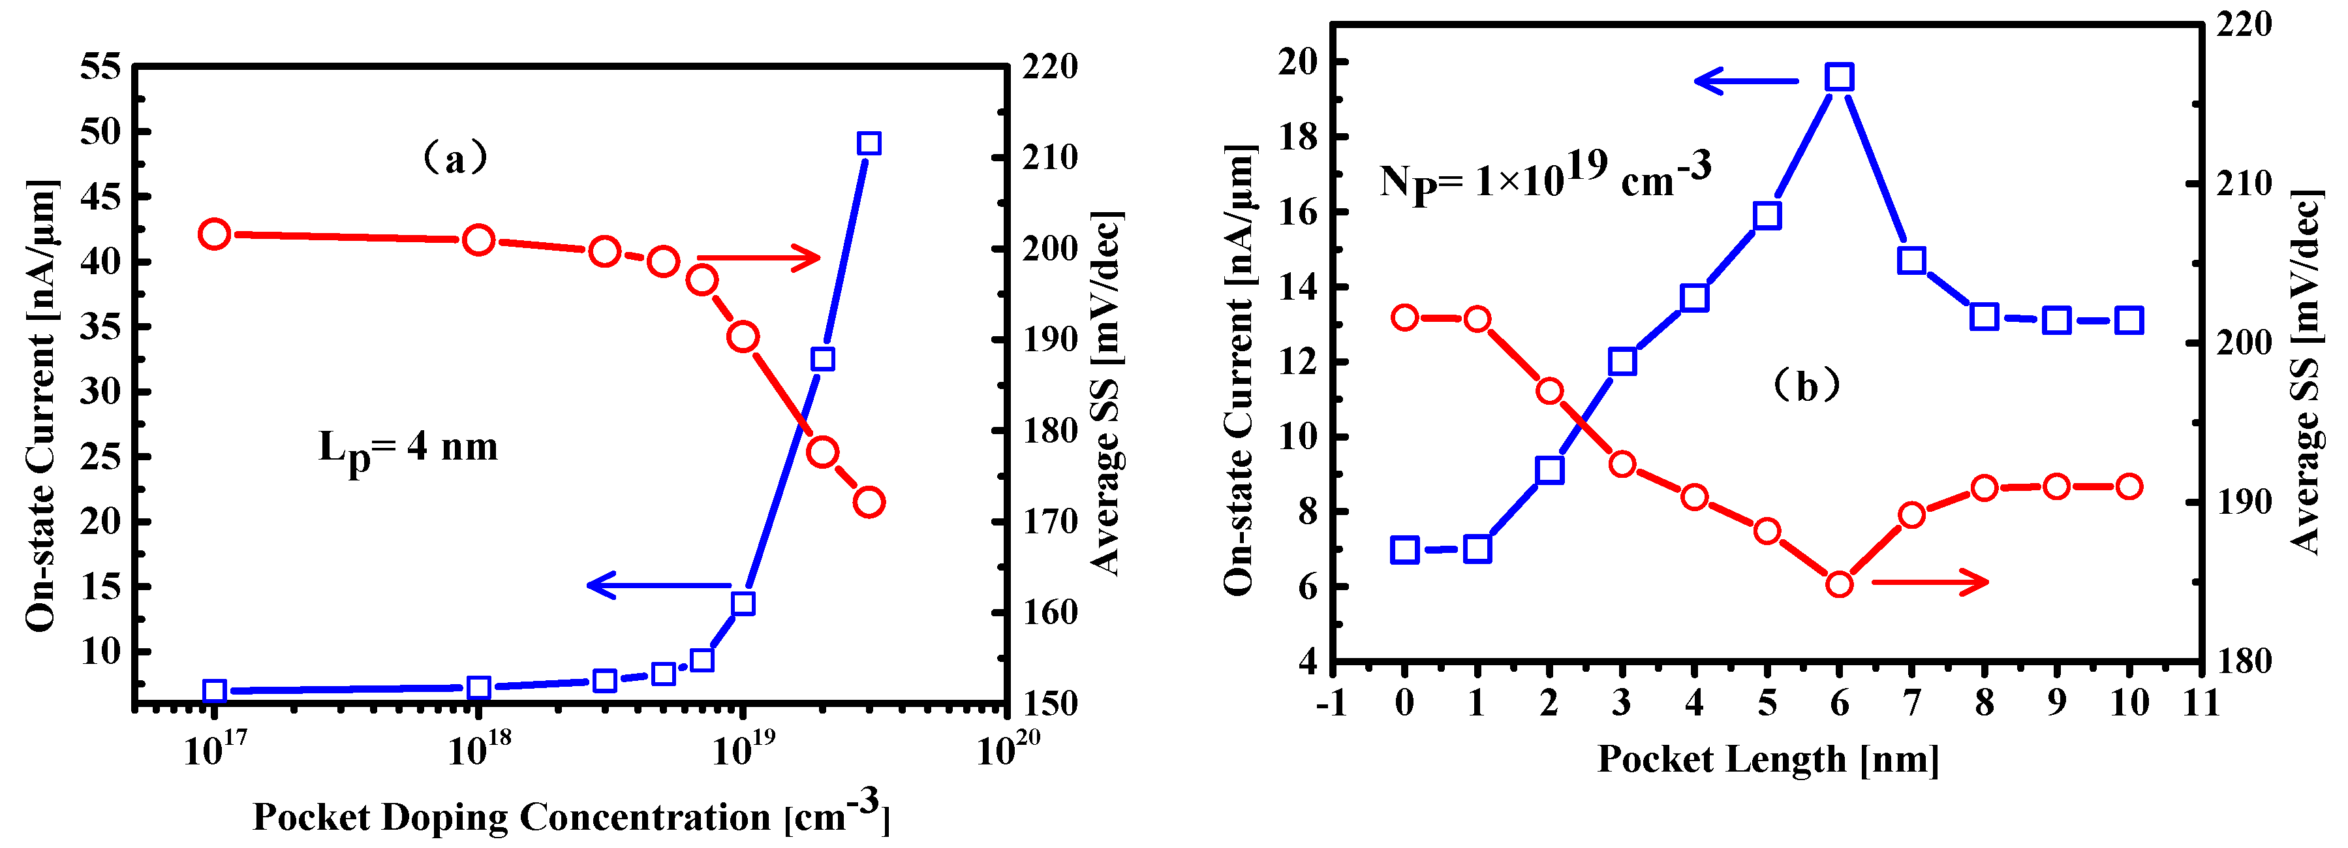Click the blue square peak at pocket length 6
point(1840,78)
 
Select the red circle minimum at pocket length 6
point(1840,584)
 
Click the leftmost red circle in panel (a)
point(214,234)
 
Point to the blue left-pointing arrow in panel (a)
point(658,586)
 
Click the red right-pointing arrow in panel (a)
point(758,258)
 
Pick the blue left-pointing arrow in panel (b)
point(1746,81)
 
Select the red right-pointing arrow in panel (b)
point(1930,582)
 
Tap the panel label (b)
point(1806,386)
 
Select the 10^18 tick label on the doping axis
point(478,749)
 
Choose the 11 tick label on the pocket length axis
point(2201,703)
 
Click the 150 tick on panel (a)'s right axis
point(1049,704)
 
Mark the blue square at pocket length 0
point(1404,550)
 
